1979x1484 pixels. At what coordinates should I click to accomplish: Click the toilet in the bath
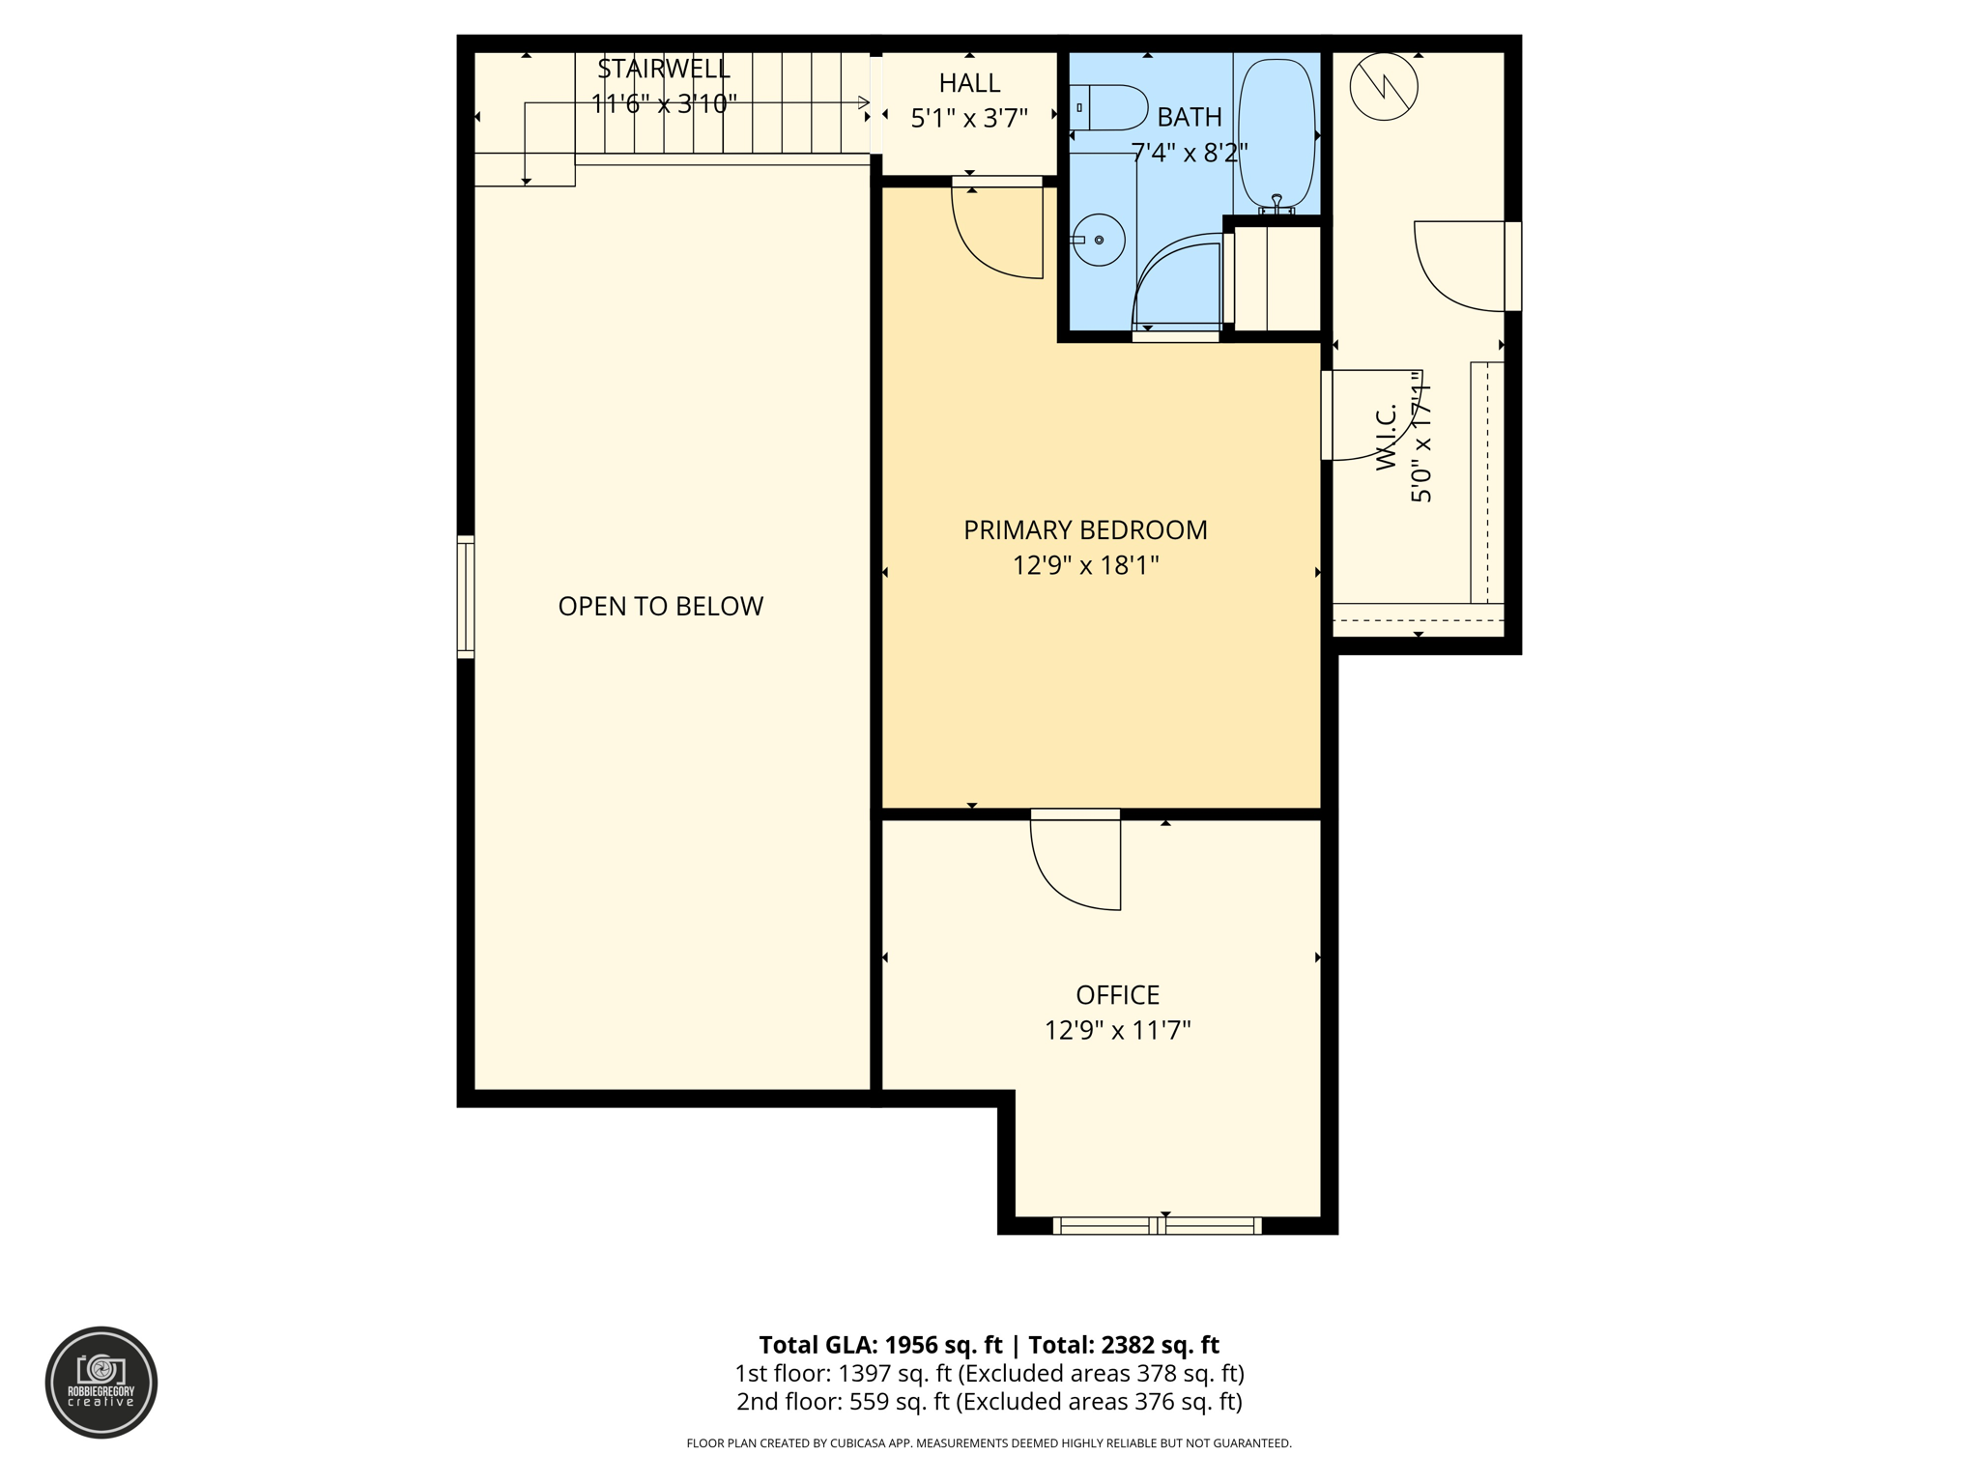click(1111, 107)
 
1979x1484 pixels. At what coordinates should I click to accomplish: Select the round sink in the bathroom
click(1099, 240)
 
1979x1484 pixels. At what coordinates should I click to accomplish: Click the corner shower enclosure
click(1179, 282)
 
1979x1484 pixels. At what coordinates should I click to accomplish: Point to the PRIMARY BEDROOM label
click(1084, 529)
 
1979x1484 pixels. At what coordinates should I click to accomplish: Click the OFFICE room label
click(1117, 994)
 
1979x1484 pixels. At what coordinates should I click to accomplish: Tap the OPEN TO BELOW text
click(660, 606)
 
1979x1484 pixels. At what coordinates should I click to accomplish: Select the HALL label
click(968, 83)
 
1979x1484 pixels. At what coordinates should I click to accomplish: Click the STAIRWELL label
click(663, 69)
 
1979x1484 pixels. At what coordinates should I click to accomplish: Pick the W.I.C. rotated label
click(1388, 438)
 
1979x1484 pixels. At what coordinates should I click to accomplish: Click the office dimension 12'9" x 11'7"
click(1117, 1030)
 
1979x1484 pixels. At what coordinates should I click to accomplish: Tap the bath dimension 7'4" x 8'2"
click(1189, 153)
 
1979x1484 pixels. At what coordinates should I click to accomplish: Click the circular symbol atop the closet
click(1384, 87)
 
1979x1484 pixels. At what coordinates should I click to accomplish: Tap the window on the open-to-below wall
click(466, 597)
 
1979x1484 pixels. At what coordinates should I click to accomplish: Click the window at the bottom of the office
click(1157, 1226)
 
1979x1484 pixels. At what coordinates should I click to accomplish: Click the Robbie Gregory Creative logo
click(101, 1382)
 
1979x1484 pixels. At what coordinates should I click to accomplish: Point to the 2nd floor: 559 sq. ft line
click(989, 1401)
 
